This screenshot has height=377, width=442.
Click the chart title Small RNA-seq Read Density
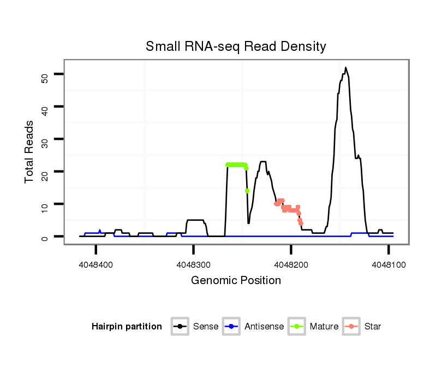236,46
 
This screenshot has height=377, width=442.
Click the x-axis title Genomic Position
236,281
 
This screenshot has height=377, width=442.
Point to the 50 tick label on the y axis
45,74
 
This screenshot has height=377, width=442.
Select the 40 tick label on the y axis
45,107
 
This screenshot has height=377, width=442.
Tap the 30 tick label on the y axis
45,139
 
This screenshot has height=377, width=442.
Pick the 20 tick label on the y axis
45,172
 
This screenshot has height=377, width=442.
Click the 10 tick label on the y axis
45,204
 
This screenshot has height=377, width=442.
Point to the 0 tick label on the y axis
45,237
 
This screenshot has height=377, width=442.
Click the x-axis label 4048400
96,264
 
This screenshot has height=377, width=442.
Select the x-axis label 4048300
194,264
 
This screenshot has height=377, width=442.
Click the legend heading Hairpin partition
127,327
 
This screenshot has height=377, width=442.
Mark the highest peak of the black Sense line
345,68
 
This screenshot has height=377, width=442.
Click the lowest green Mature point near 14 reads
247,191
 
